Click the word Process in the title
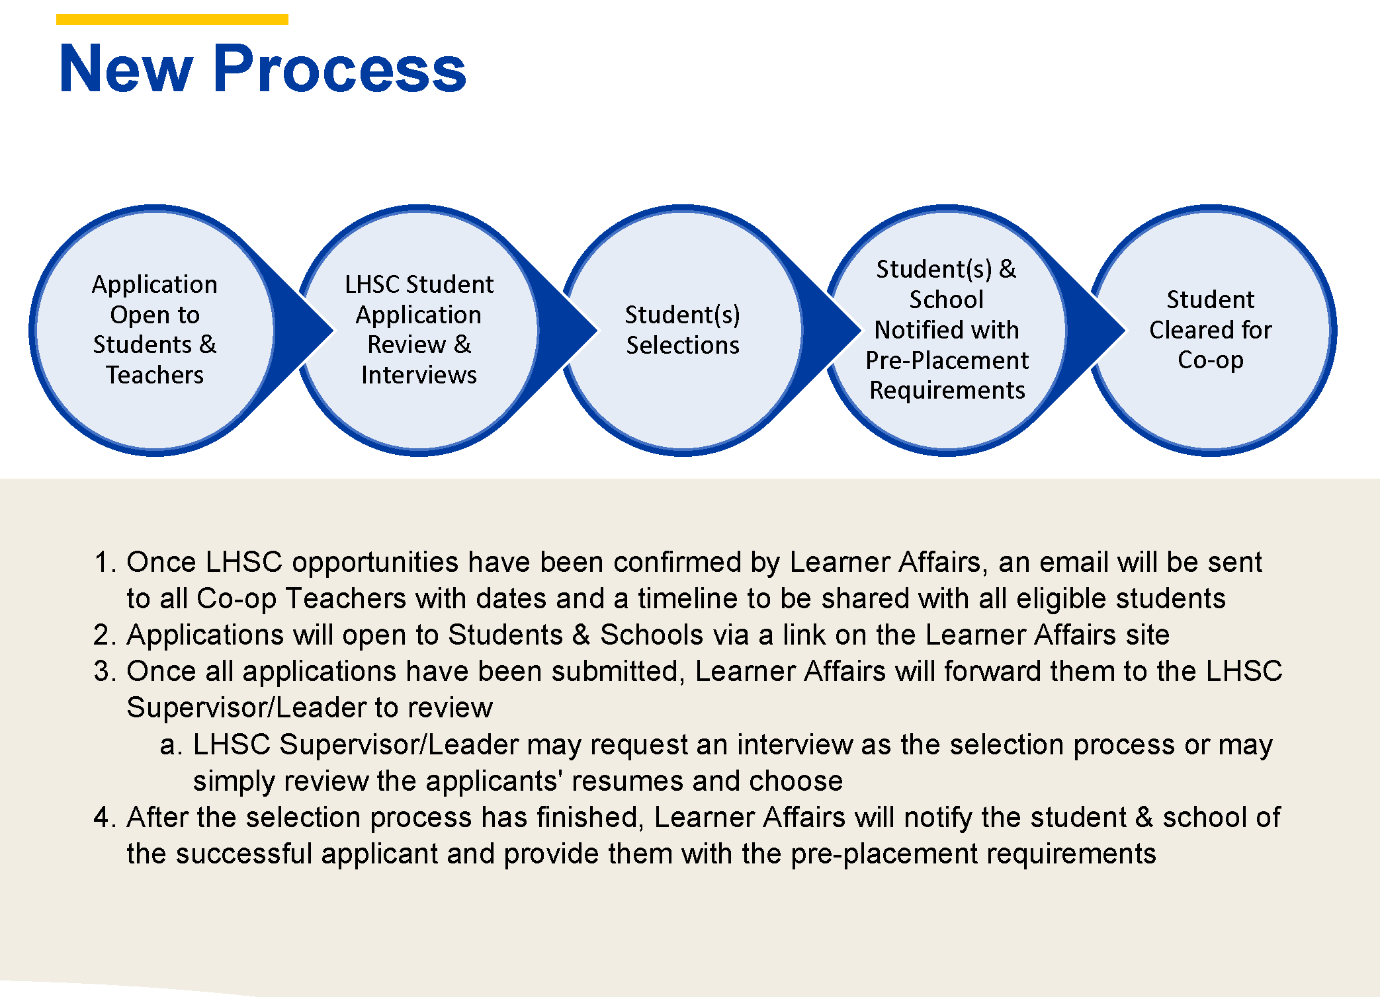(x=339, y=69)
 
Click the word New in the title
(x=126, y=69)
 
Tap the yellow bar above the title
(x=172, y=19)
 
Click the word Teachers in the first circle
(x=155, y=375)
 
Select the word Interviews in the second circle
(x=419, y=375)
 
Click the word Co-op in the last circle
(x=1210, y=360)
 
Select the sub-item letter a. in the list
(x=171, y=744)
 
